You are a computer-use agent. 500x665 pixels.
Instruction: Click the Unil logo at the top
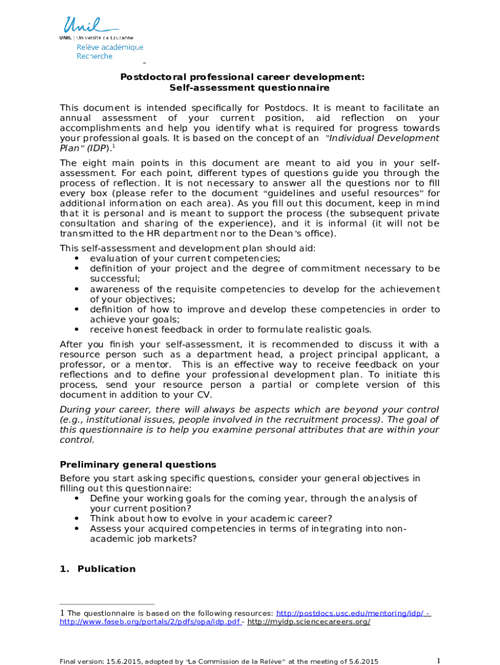(x=89, y=27)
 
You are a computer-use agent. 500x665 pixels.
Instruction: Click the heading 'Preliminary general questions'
(x=138, y=465)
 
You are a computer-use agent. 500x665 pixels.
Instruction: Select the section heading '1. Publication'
(x=97, y=569)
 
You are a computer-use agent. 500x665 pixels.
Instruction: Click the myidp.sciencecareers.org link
(x=309, y=622)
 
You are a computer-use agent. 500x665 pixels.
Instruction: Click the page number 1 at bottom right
(x=439, y=660)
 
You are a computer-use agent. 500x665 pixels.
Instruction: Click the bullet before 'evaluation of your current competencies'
(x=77, y=258)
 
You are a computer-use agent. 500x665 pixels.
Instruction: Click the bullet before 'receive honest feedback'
(x=77, y=329)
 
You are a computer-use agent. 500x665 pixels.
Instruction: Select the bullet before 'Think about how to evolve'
(x=77, y=519)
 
